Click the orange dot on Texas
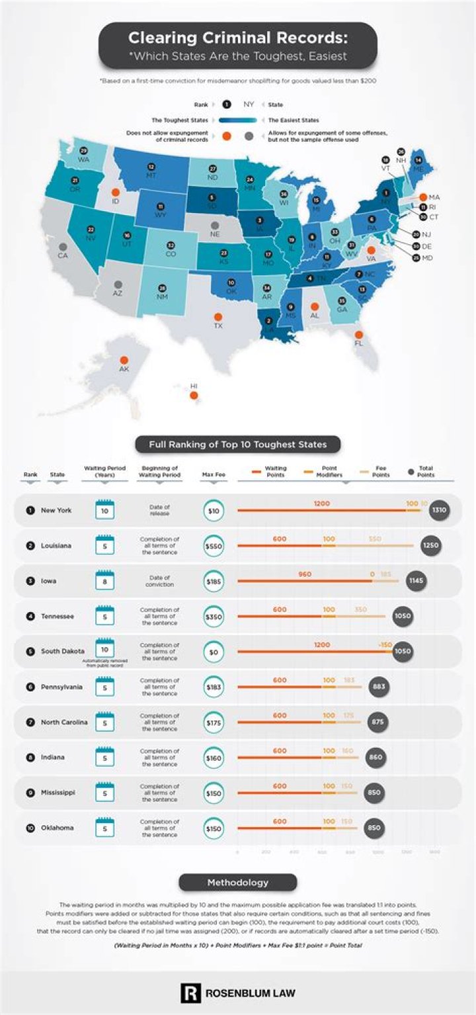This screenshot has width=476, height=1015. pos(218,316)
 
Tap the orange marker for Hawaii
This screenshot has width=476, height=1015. pos(194,396)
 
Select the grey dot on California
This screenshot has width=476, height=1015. pos(63,246)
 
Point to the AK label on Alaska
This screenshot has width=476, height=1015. pos(124,369)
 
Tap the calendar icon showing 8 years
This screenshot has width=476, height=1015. pos(105,581)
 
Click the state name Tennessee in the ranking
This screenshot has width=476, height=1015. pos(58,617)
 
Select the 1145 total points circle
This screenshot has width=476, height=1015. pos(416,581)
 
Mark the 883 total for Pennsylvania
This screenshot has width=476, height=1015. pos(379,687)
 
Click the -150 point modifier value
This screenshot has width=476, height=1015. pos(385,644)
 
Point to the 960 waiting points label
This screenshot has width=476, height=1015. pos(305,574)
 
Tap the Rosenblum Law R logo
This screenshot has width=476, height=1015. pos(190,992)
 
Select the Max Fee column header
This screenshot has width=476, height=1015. pos(214,474)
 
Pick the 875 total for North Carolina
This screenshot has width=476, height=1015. pos(377,722)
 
